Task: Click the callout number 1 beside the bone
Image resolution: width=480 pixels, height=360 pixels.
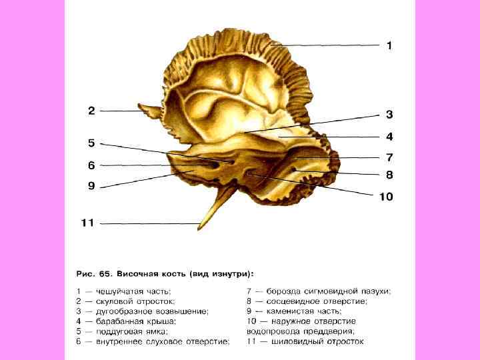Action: coord(389,45)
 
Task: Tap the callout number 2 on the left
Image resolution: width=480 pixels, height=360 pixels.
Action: coord(91,111)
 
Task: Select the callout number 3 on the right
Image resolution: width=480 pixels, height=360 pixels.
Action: coord(389,114)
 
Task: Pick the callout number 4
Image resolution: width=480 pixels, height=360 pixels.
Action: coord(389,137)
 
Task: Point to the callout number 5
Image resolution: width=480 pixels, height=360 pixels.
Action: coord(91,143)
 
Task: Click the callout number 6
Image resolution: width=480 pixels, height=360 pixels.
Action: coord(91,165)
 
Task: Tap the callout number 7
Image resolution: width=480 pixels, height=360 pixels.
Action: coord(389,158)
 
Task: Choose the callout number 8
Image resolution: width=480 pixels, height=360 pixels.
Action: coord(389,175)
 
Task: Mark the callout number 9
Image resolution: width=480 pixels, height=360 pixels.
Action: coord(91,186)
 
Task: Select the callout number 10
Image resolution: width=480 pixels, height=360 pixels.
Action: coord(387,197)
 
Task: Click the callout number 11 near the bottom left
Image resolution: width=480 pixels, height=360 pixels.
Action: coord(87,223)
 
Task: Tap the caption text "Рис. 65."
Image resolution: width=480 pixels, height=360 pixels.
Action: coord(93,273)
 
